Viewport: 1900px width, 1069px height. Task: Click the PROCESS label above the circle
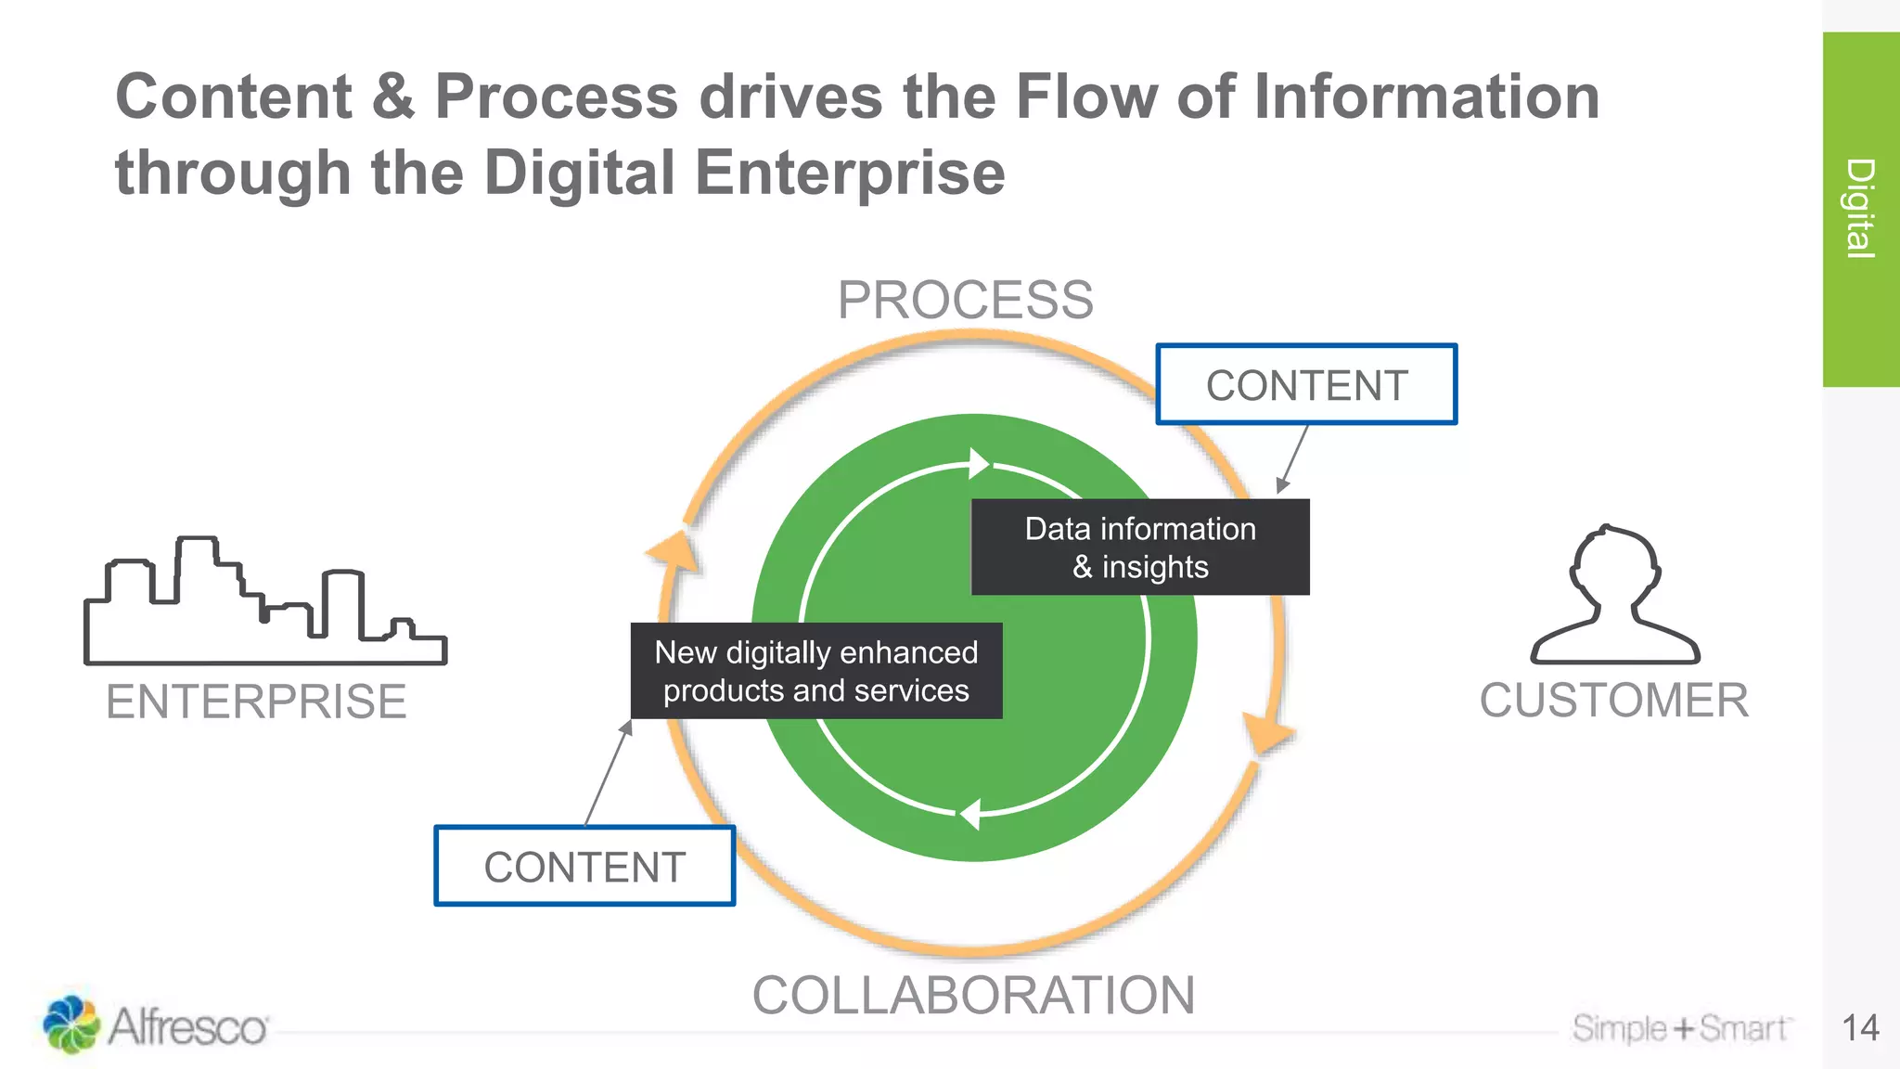pos(965,300)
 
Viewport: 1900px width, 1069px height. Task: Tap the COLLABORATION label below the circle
pos(973,995)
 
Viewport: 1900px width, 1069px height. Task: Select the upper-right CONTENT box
pos(1306,385)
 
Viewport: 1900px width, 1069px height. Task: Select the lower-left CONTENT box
pos(584,867)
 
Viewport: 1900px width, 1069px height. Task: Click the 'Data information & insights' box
pos(1140,547)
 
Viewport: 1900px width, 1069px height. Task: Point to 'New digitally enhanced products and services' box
pos(816,671)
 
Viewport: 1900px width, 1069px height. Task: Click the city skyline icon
pos(264,603)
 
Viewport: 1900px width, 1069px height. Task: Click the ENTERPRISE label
pos(256,701)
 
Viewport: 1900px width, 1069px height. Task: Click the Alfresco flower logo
pos(71,1024)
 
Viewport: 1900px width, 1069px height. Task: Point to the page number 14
pos(1860,1027)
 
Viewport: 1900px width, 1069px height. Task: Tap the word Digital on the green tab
pos(1860,208)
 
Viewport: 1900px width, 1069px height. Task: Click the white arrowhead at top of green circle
pos(978,462)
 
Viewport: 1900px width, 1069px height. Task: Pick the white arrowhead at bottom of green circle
pos(970,814)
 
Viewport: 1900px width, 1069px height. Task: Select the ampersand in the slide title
pos(393,97)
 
